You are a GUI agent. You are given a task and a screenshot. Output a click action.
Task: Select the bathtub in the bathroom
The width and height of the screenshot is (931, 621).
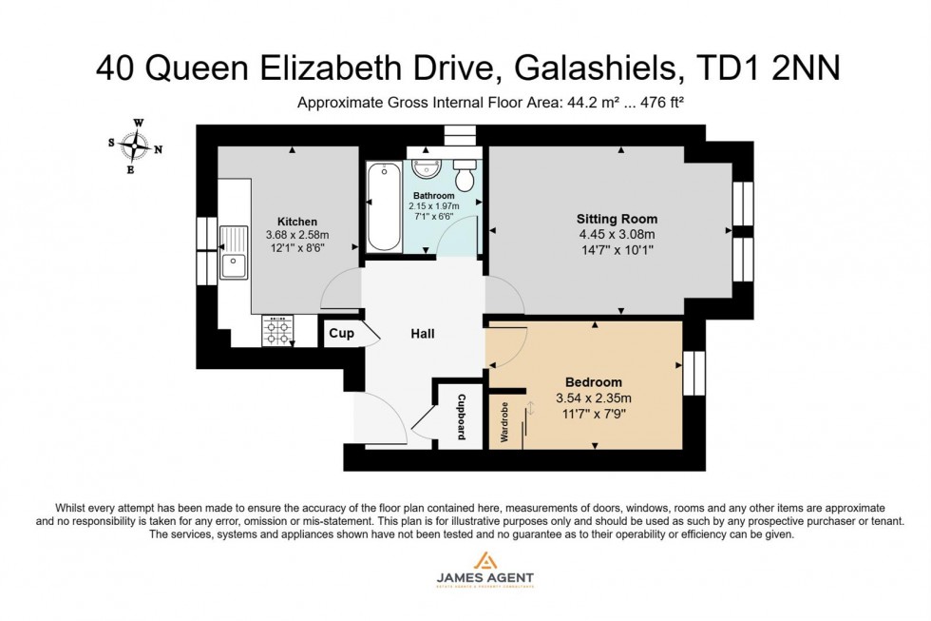pyautogui.click(x=384, y=206)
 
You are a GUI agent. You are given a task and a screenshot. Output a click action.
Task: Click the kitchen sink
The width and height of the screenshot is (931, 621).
pyautogui.click(x=233, y=252)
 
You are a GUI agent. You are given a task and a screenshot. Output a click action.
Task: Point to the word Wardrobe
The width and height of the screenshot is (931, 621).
pyautogui.click(x=503, y=424)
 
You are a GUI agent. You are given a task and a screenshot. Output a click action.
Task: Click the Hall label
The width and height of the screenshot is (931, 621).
pyautogui.click(x=423, y=334)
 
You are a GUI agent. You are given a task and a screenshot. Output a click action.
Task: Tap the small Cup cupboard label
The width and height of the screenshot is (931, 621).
pyautogui.click(x=341, y=334)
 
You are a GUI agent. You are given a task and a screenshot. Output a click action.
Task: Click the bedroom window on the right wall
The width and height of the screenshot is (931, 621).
pyautogui.click(x=694, y=373)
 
